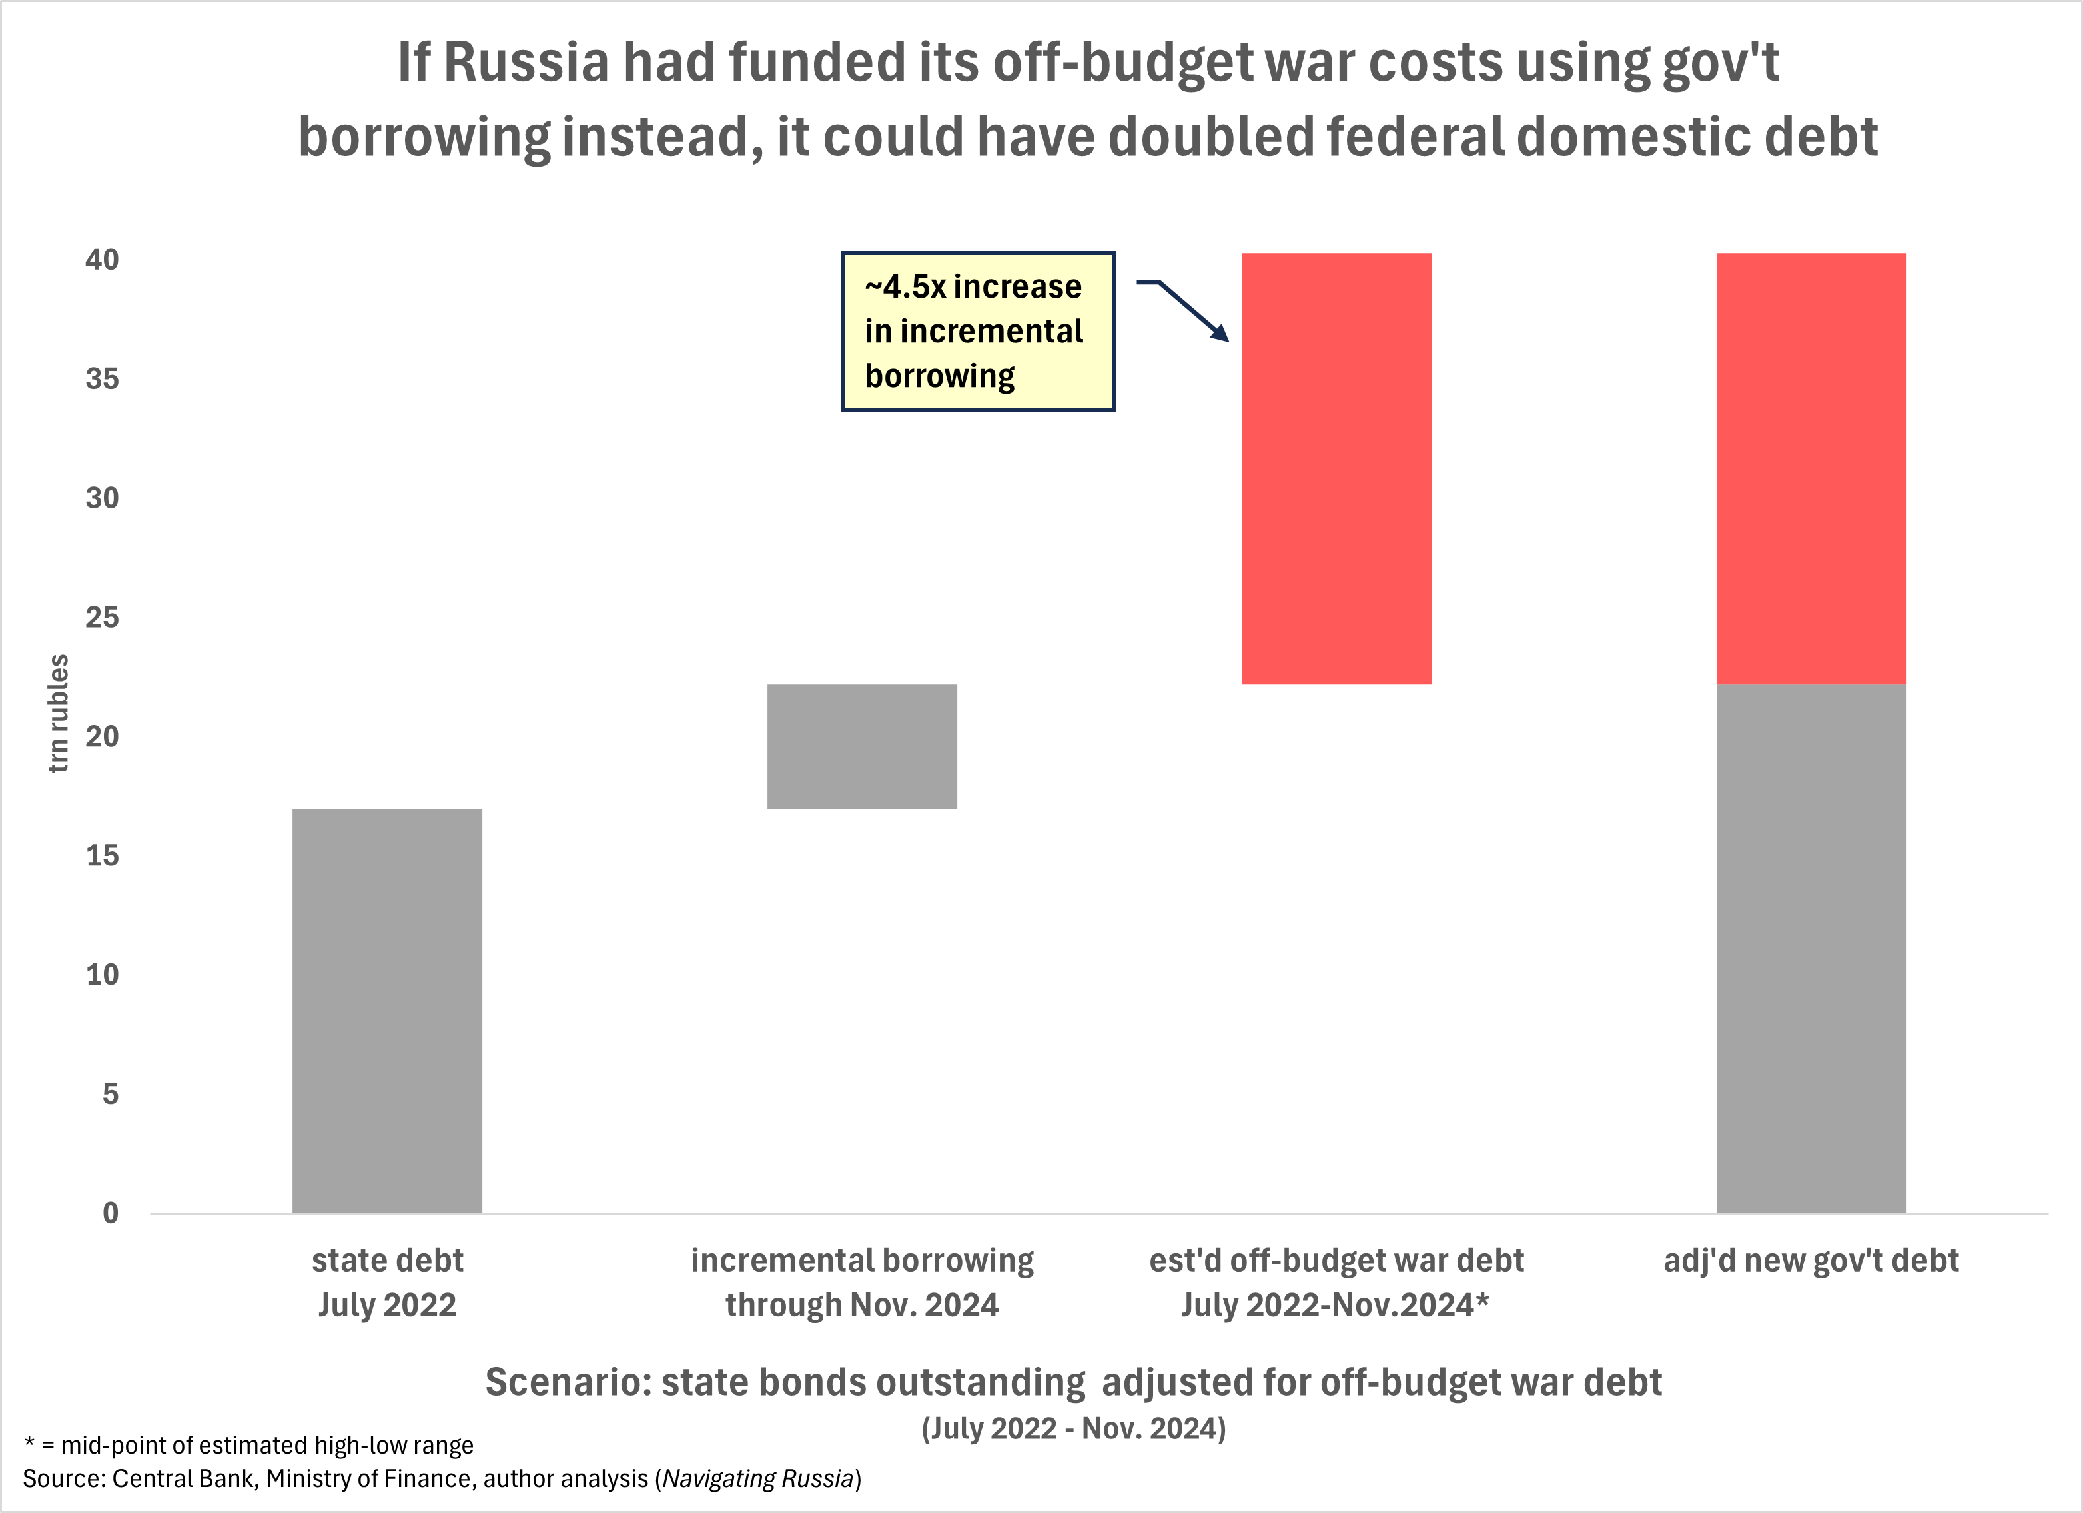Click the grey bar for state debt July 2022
(x=386, y=1011)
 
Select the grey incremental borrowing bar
(x=861, y=746)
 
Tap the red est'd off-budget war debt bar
(x=1336, y=468)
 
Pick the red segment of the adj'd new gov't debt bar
(x=1811, y=468)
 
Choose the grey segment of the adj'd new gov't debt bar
(x=1811, y=948)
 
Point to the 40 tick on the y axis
(x=102, y=260)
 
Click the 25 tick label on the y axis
(x=102, y=618)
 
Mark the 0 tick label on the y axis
(x=110, y=1213)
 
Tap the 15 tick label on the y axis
(x=102, y=855)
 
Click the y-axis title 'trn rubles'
(x=58, y=713)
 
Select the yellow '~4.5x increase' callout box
(x=977, y=330)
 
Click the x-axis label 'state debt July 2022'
(x=386, y=1282)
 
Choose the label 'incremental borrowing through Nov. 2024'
(x=861, y=1282)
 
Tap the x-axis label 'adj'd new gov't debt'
(x=1811, y=1261)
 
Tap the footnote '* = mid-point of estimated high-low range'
(x=248, y=1445)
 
